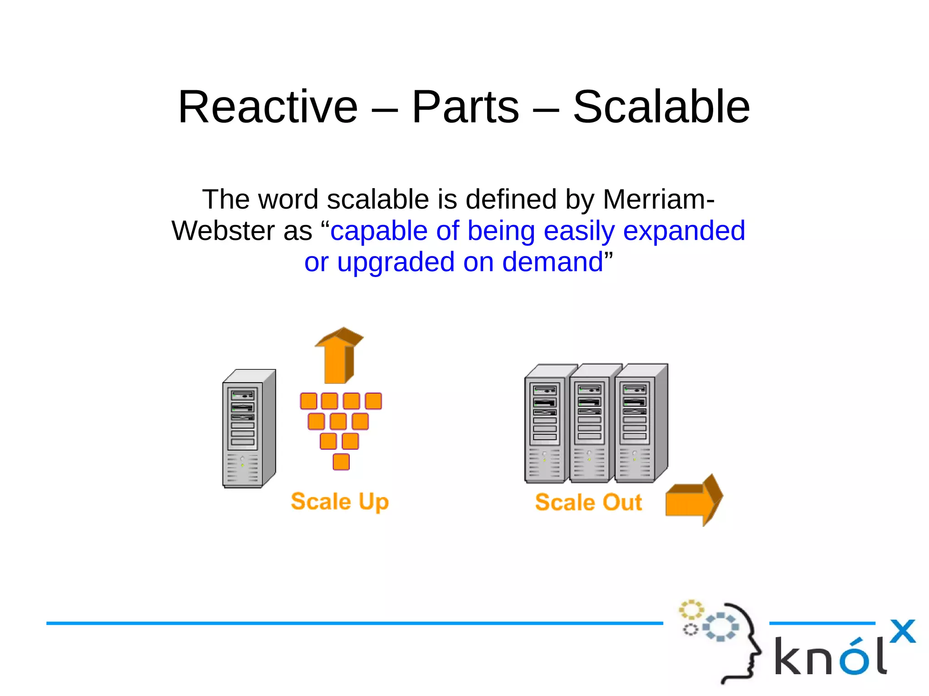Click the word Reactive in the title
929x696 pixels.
point(268,107)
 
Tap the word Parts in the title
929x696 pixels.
point(465,107)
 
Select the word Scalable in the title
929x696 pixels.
point(661,107)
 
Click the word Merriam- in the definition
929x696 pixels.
point(659,200)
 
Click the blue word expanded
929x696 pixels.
point(684,231)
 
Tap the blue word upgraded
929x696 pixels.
point(396,263)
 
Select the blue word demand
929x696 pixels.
point(552,263)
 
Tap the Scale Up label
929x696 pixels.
point(340,501)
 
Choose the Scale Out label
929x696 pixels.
point(588,502)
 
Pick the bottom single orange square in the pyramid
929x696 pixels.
point(341,462)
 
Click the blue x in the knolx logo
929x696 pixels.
point(902,631)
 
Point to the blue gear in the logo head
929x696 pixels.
point(720,627)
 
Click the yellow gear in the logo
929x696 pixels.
point(691,610)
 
